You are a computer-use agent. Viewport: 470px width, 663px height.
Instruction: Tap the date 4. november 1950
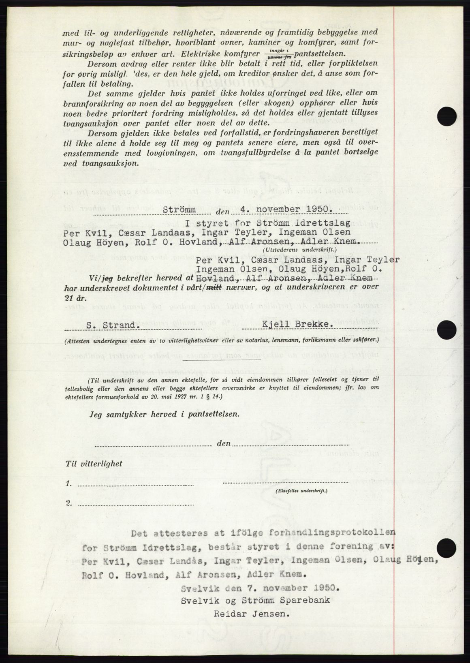click(x=286, y=210)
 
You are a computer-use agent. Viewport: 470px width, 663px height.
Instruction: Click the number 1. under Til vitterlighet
click(x=69, y=483)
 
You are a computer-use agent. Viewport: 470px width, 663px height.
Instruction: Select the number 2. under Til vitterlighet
click(x=69, y=503)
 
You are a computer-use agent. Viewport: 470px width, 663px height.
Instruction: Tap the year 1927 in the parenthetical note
click(x=171, y=398)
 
